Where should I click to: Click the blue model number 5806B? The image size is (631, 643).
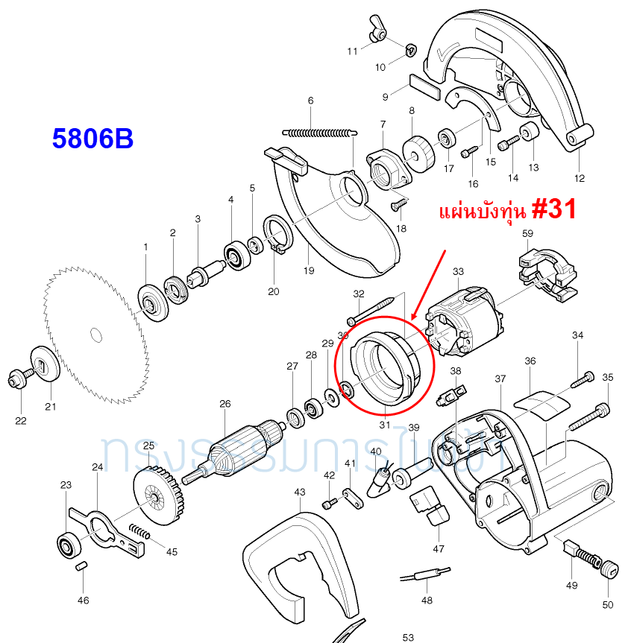(92, 139)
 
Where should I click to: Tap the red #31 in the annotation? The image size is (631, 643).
(552, 209)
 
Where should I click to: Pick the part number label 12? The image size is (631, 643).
(580, 178)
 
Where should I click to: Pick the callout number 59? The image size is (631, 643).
(527, 233)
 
